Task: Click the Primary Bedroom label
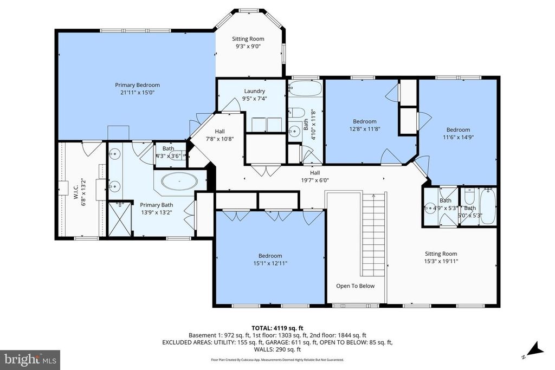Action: tap(137, 85)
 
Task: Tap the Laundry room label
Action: tap(254, 91)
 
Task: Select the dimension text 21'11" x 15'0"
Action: tap(137, 93)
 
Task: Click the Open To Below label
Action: tap(355, 286)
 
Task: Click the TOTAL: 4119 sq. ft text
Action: tap(277, 328)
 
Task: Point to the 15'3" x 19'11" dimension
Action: tap(440, 261)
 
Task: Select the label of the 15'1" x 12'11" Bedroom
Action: tap(270, 256)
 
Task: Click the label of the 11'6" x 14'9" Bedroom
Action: tap(458, 129)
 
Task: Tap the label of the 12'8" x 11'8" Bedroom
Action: tap(364, 122)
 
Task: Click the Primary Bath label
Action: tap(156, 205)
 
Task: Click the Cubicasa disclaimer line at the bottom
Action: tap(277, 360)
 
